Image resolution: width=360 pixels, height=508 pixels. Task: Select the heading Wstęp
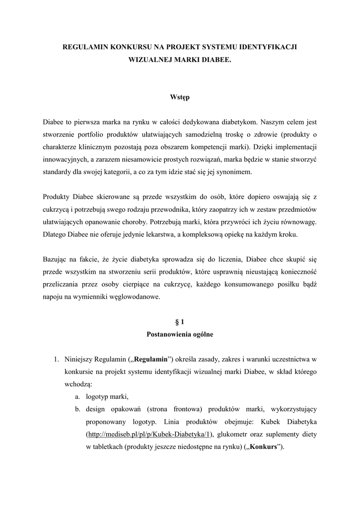tap(180, 97)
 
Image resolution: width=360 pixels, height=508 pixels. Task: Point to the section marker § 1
tap(180, 322)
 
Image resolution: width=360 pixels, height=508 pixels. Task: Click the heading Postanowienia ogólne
tap(180, 334)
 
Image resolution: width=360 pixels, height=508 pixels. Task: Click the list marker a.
tap(78, 396)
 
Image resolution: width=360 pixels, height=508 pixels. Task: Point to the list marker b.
tap(78, 409)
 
